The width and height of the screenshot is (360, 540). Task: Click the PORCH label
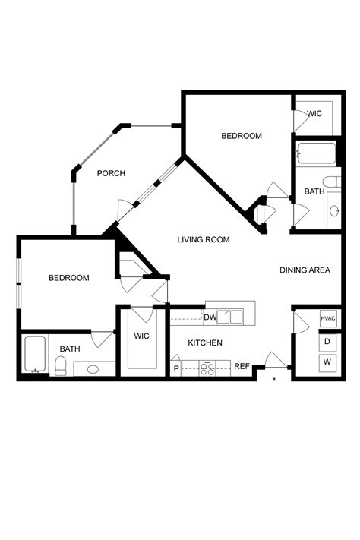point(111,173)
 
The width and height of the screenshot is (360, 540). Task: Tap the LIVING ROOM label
point(204,240)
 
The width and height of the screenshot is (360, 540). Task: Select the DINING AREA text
point(305,270)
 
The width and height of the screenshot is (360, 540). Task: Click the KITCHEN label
point(205,343)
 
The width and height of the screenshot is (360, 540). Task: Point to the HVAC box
point(328,319)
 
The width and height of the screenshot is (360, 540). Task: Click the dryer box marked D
point(328,342)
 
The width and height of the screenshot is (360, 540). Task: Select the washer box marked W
point(328,362)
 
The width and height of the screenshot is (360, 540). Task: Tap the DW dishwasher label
point(210,317)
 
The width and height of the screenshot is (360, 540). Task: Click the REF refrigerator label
point(242,366)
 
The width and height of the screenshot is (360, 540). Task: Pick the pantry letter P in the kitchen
point(176,368)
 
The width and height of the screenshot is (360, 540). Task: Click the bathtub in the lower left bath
point(35,355)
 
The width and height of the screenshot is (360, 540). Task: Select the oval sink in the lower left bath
point(93,370)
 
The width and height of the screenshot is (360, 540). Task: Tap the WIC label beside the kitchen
point(142,335)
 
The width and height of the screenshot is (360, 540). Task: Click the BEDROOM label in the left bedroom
point(68,278)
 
